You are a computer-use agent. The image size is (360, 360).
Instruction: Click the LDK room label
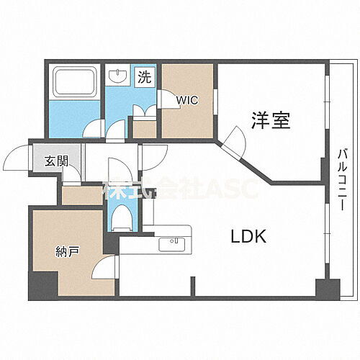249,236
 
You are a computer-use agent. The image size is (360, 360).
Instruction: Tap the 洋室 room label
271,120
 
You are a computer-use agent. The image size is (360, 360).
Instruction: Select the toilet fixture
120,214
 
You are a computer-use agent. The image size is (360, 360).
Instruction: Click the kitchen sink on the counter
174,243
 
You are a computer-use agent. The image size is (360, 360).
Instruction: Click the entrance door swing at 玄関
18,156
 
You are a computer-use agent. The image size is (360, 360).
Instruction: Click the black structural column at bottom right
327,289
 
